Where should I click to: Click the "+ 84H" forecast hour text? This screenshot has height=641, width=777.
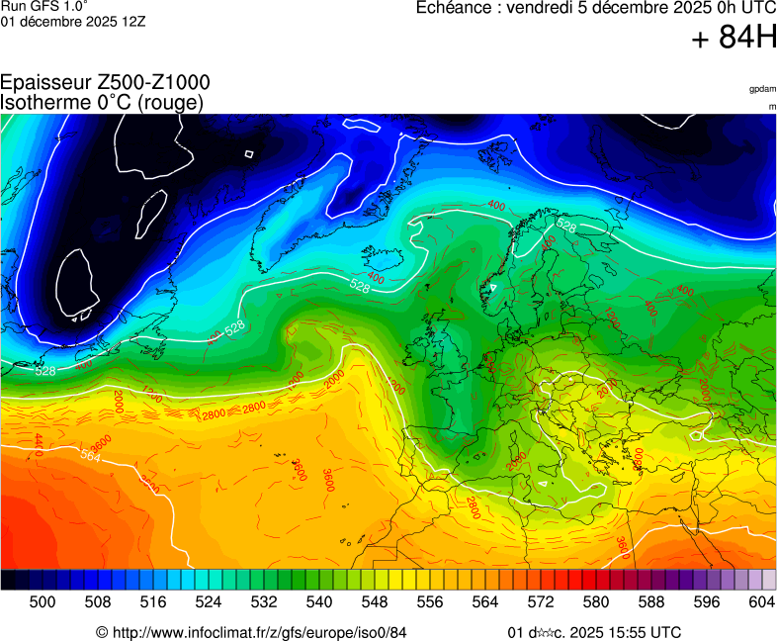pos(734,38)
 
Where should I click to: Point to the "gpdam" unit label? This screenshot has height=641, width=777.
pos(762,89)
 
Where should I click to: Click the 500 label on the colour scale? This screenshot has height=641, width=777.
pos(43,601)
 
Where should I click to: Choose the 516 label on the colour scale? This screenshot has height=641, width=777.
pos(153,601)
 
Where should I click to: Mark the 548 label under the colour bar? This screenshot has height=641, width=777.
pos(375,601)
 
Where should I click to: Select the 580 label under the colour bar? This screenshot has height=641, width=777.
pos(596,601)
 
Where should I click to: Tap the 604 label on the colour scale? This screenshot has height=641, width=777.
pos(762,601)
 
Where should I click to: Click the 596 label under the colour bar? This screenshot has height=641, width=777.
pos(707,601)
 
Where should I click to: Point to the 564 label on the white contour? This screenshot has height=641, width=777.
pos(91,456)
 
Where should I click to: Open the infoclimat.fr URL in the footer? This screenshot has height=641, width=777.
pos(259,632)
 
